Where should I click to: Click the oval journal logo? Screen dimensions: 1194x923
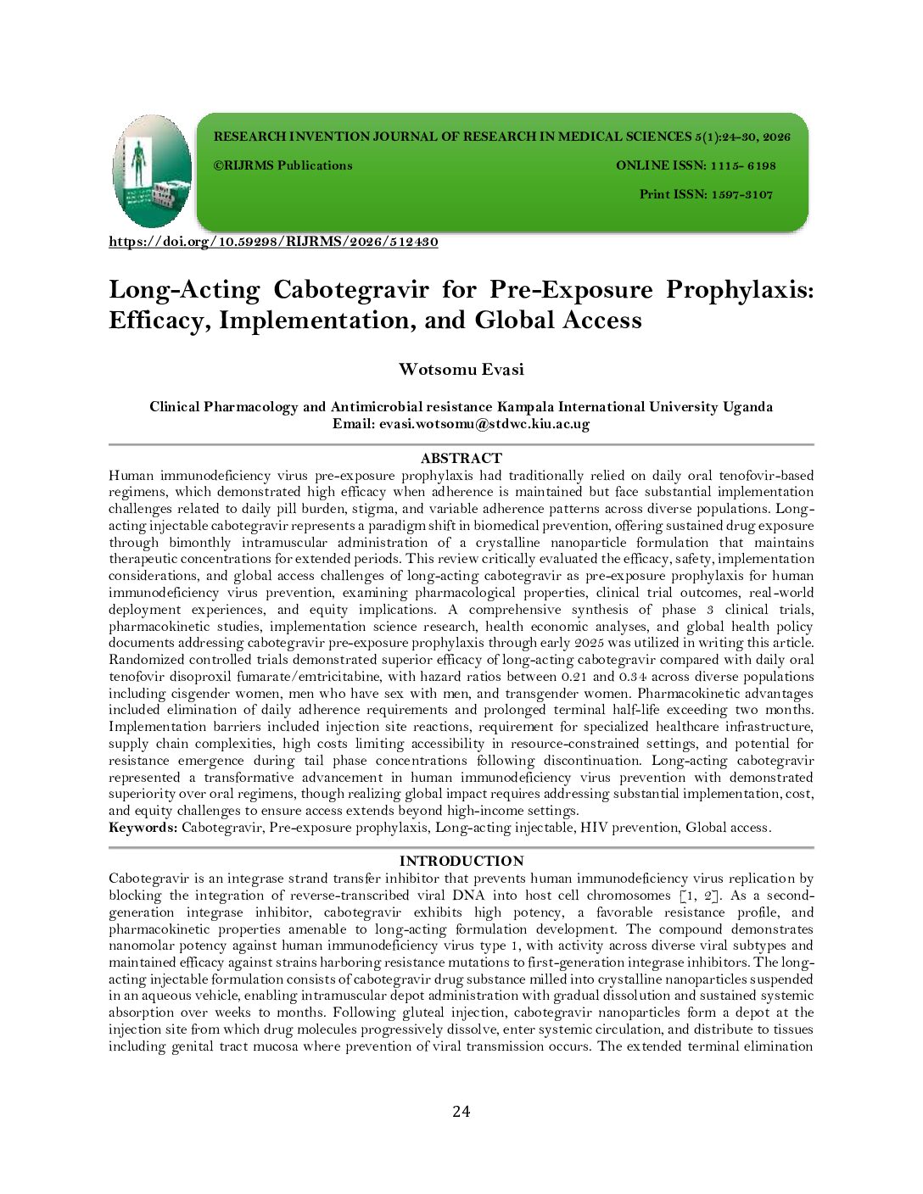click(153, 171)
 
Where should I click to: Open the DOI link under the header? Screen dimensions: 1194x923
click(273, 242)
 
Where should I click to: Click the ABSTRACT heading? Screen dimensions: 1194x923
click(461, 459)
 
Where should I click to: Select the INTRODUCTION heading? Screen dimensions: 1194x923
click(461, 862)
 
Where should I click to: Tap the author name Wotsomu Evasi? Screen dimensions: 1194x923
click(461, 370)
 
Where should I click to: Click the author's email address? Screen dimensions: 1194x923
click(484, 424)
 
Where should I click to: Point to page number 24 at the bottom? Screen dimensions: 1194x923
click(461, 1112)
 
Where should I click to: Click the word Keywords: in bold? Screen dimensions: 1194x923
click(143, 828)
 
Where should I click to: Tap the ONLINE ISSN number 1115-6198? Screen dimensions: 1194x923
click(743, 166)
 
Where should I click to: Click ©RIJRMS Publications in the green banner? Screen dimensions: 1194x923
click(282, 166)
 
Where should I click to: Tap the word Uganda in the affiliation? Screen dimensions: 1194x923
click(747, 407)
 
